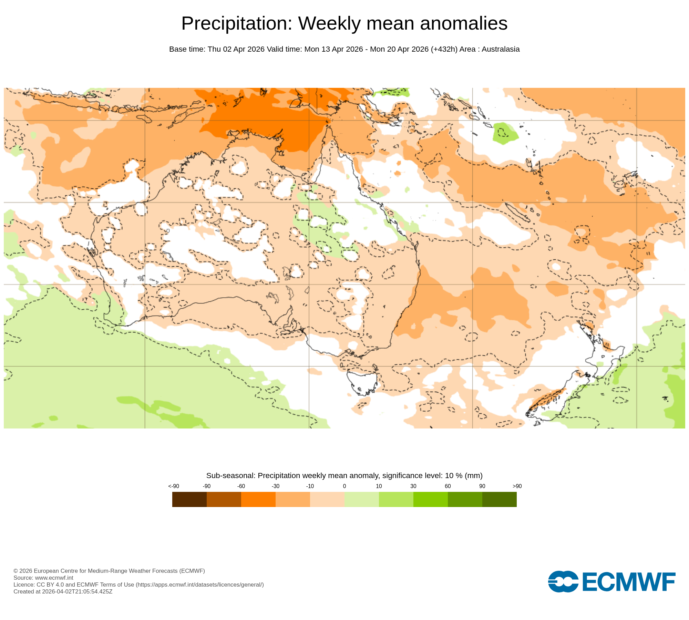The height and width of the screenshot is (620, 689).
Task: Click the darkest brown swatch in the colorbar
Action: pyautogui.click(x=189, y=499)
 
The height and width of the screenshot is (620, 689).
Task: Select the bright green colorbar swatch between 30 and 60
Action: pyautogui.click(x=430, y=499)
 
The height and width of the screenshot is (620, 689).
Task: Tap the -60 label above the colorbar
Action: pyautogui.click(x=241, y=486)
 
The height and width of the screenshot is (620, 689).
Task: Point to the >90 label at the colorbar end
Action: pyautogui.click(x=517, y=486)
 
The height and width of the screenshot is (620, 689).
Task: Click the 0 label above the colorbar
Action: pyautogui.click(x=344, y=486)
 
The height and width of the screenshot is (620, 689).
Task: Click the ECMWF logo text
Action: pyautogui.click(x=629, y=582)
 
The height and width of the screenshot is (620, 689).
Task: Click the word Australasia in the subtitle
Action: pyautogui.click(x=500, y=49)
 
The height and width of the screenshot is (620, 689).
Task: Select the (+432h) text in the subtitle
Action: pyautogui.click(x=444, y=49)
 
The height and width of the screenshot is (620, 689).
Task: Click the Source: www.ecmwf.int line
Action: pyautogui.click(x=43, y=578)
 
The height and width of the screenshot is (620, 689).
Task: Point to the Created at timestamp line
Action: pyautogui.click(x=63, y=591)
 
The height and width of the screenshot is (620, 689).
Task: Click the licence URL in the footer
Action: pyautogui.click(x=200, y=585)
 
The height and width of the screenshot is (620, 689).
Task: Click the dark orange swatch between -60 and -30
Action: pyautogui.click(x=258, y=499)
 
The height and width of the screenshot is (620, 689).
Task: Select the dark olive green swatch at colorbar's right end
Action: pyautogui.click(x=499, y=499)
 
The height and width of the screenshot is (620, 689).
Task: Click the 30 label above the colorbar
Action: pyautogui.click(x=413, y=486)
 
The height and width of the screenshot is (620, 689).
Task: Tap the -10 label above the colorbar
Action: pyautogui.click(x=310, y=486)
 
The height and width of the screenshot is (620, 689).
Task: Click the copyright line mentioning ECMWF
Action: pyautogui.click(x=109, y=571)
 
